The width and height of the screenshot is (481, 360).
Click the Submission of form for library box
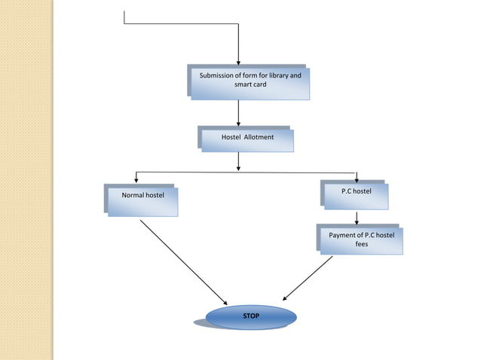pos(249,83)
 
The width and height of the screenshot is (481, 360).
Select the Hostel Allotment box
pos(247,139)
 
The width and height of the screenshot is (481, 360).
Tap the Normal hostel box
pos(142,201)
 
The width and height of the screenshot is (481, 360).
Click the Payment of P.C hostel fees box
pos(361,241)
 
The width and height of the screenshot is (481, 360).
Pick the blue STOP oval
pos(250,317)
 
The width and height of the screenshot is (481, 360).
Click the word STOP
pos(250,316)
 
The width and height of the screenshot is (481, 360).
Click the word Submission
pos(219,76)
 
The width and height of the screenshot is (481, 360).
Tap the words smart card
pos(250,85)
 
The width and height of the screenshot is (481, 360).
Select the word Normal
pos(133,195)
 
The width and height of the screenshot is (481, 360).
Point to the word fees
pos(362,244)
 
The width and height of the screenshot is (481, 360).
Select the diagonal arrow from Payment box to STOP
pos(308,278)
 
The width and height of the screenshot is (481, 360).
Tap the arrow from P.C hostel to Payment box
pos(357,217)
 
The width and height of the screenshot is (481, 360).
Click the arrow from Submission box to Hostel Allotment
pos(238,112)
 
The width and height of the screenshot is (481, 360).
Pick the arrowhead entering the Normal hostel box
pos(136,180)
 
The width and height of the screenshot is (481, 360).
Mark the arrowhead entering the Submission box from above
pos(238,61)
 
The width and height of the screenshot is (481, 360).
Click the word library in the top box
pos(277,76)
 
